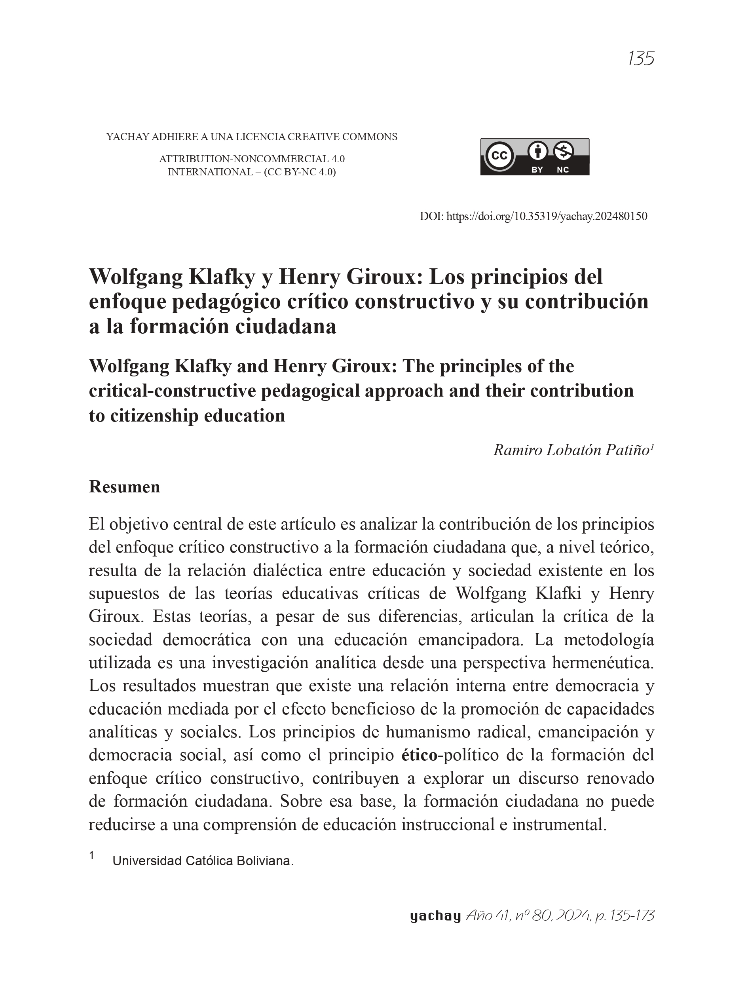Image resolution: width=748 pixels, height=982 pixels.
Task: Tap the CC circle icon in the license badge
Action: [x=499, y=156]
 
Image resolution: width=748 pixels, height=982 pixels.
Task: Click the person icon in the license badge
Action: [x=537, y=150]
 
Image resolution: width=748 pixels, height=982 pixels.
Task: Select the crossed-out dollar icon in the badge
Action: [x=563, y=151]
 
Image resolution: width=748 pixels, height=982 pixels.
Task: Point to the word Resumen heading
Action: [x=124, y=487]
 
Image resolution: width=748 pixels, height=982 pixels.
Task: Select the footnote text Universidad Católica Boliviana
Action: [x=203, y=861]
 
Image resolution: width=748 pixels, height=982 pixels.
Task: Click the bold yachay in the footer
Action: [x=435, y=916]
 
